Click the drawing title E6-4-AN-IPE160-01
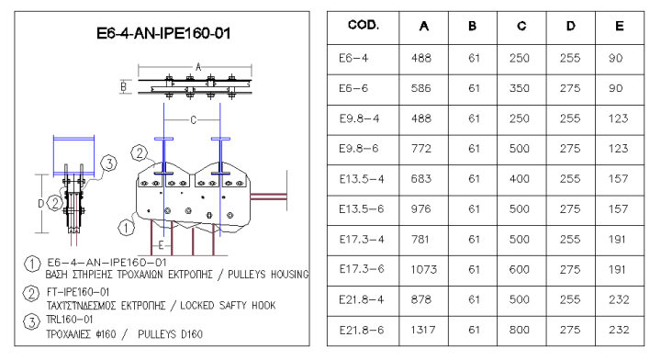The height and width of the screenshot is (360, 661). pos(163,34)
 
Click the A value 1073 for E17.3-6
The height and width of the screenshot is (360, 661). pos(425,269)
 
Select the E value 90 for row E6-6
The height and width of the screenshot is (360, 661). pos(616,87)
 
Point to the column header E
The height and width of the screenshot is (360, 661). pos(616,27)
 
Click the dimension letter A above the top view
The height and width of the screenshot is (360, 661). pos(197,66)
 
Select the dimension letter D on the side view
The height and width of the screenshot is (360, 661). pos(39,202)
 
